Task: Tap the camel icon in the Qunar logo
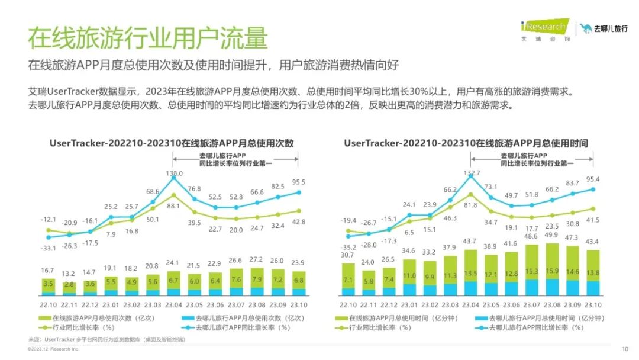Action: pos(586,28)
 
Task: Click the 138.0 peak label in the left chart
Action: pos(173,173)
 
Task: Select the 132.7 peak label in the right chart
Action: pos(472,173)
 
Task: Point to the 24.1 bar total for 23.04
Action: pos(173,263)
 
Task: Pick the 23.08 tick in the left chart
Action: pos(257,304)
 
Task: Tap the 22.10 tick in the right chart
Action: pos(348,304)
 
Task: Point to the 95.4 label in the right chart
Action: pos(592,179)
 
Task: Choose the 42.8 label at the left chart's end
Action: pos(299,221)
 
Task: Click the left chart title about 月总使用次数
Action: pos(171,144)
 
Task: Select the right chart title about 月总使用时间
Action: pos(466,144)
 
